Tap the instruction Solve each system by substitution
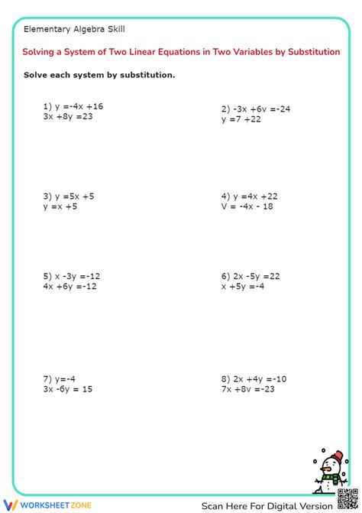[x=99, y=75]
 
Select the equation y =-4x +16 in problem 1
[x=79, y=106]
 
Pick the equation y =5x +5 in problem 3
[x=75, y=196]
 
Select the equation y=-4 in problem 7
[x=66, y=378]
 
